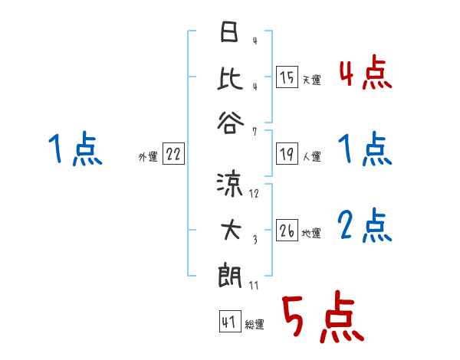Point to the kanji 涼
229,185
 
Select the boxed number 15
286,77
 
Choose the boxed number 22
172,155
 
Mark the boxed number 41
228,322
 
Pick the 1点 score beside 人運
365,149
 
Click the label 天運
311,80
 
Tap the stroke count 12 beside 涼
255,193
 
